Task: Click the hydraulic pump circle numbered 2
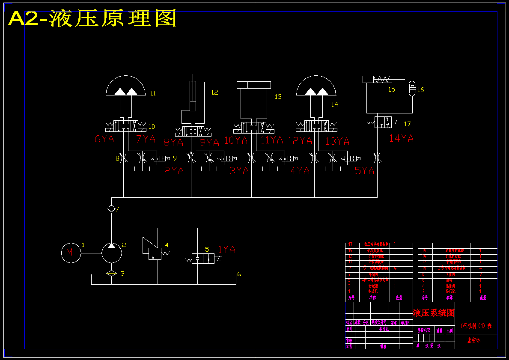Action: click(x=112, y=253)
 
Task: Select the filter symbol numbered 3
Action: click(x=111, y=274)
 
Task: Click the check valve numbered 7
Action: click(x=111, y=209)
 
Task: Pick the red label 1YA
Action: click(x=227, y=250)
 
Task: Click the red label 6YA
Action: click(x=104, y=139)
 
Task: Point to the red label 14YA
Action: click(x=402, y=138)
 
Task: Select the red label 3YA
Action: click(x=239, y=171)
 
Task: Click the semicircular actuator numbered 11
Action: click(x=125, y=86)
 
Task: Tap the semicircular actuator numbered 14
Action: click(x=316, y=86)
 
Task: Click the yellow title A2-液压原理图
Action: click(x=92, y=19)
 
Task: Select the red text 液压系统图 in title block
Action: click(x=433, y=313)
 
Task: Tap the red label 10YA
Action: click(x=236, y=140)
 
